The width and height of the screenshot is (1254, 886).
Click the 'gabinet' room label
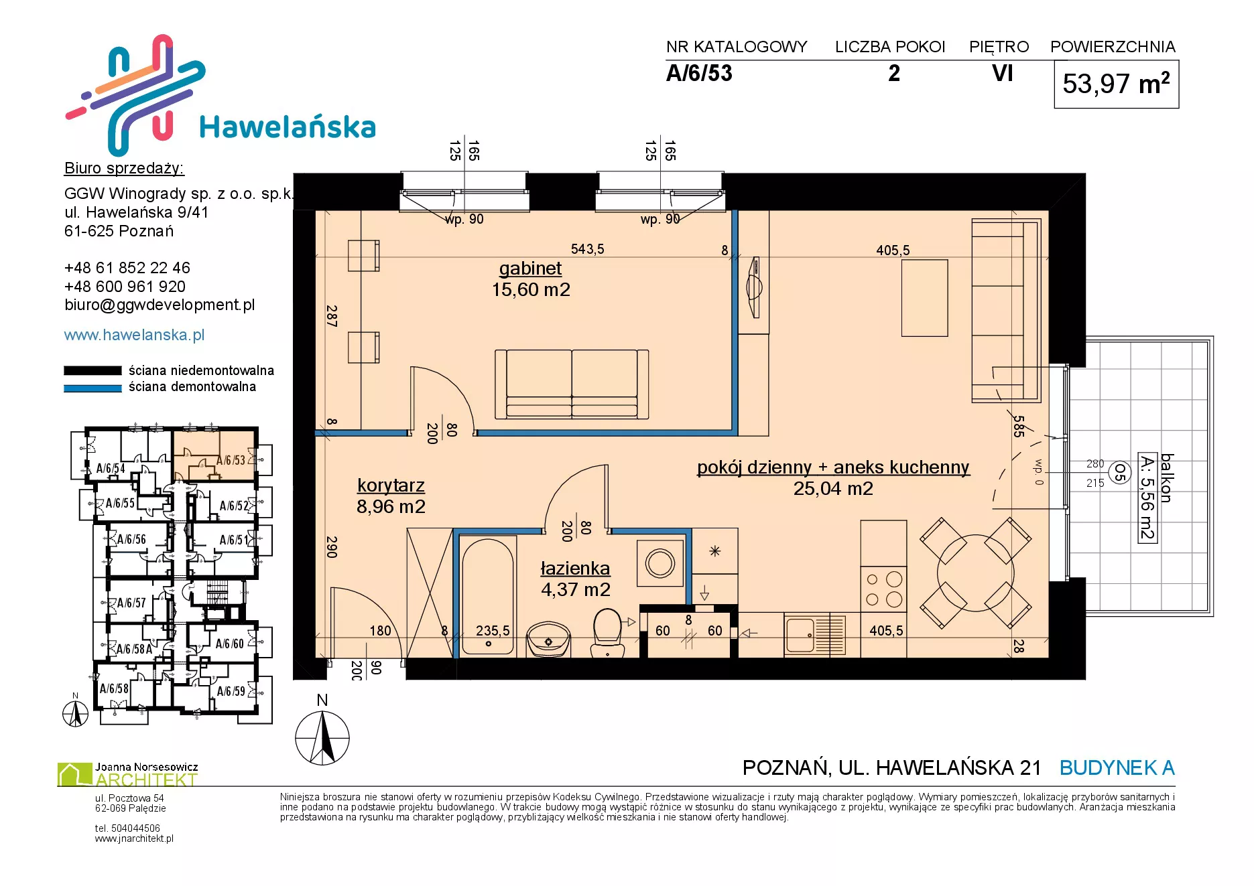pyautogui.click(x=530, y=269)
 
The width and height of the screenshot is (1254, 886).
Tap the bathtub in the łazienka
pyautogui.click(x=488, y=597)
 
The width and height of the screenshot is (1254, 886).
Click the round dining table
pyautogui.click(x=975, y=573)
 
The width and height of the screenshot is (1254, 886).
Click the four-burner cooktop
pyautogui.click(x=883, y=589)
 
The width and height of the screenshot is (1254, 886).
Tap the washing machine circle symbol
pyautogui.click(x=660, y=563)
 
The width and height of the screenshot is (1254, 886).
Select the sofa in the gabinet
pyautogui.click(x=572, y=384)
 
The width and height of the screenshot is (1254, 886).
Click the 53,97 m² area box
pyautogui.click(x=1116, y=84)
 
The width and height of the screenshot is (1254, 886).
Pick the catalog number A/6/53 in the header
pyautogui.click(x=699, y=73)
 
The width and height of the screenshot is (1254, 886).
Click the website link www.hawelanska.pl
pyautogui.click(x=134, y=335)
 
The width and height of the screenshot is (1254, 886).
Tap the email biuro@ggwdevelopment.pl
pyautogui.click(x=160, y=305)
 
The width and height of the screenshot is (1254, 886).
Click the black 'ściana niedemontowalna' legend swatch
pyautogui.click(x=92, y=370)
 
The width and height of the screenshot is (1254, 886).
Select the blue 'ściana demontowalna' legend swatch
pyautogui.click(x=92, y=388)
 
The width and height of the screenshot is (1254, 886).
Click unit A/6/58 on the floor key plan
pyautogui.click(x=114, y=688)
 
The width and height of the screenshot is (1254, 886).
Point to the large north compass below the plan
pyautogui.click(x=322, y=737)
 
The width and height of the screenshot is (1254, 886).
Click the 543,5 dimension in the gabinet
pyautogui.click(x=587, y=249)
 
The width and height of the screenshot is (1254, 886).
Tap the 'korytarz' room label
pyautogui.click(x=391, y=486)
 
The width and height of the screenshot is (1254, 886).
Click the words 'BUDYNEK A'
pyautogui.click(x=1117, y=767)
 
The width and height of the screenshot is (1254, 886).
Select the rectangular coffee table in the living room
pyautogui.click(x=924, y=298)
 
